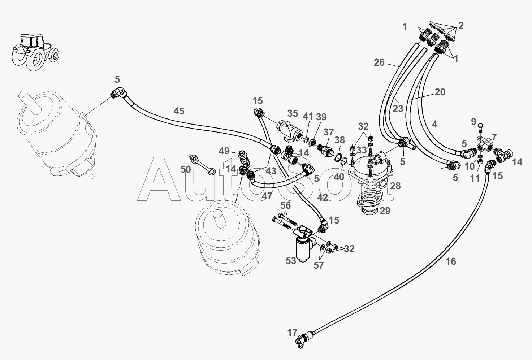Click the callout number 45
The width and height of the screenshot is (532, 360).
pos(179,111)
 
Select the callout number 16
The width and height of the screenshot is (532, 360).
pos(451,261)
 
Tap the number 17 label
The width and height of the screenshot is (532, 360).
pos(293,332)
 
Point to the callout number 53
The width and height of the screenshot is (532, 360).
pos(291,260)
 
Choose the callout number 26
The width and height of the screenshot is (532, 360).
pos(379,62)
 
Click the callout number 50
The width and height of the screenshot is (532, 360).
pos(186,169)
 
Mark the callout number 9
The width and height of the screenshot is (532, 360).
pos(474,122)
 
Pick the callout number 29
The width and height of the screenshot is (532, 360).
pos(385,211)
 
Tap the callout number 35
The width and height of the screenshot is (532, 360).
pos(293,113)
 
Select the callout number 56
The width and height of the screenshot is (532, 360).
pos(285,205)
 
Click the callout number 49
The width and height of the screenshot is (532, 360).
pos(224,151)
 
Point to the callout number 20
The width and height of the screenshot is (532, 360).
pos(440,92)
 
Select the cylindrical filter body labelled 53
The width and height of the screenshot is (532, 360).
pos(303,249)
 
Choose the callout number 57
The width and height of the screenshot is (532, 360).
pos(319,265)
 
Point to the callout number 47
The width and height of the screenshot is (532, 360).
pos(267,196)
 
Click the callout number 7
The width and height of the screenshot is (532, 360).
pos(494,137)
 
